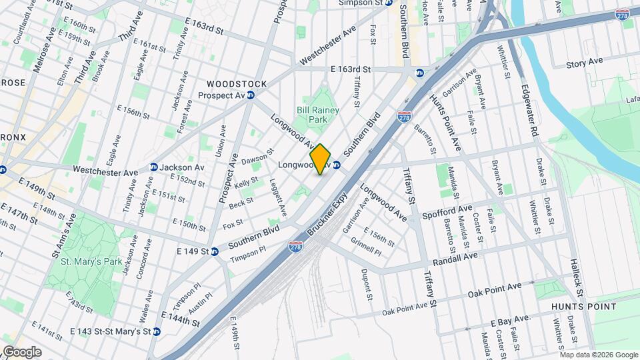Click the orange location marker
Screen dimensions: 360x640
click(321, 159)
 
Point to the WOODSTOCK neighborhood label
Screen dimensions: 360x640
click(237, 84)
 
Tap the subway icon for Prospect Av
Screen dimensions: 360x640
click(251, 95)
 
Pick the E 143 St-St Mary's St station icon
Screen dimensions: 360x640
click(156, 331)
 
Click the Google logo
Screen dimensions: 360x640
click(23, 351)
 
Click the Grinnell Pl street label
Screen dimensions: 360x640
click(367, 248)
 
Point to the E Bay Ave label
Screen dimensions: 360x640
click(511, 321)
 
